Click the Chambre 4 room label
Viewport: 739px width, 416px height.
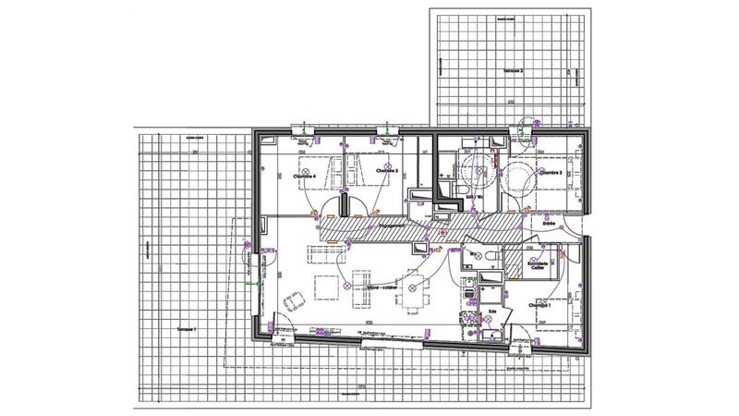pyautogui.click(x=305, y=177)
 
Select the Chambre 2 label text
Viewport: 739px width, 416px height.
pyautogui.click(x=551, y=173)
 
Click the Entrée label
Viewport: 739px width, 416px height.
pyautogui.click(x=549, y=223)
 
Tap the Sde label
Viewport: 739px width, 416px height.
pyautogui.click(x=480, y=311)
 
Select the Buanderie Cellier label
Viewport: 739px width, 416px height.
pyautogui.click(x=538, y=265)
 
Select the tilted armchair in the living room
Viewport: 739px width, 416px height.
pyautogui.click(x=294, y=300)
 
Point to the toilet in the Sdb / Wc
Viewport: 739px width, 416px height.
pyautogui.click(x=450, y=189)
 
